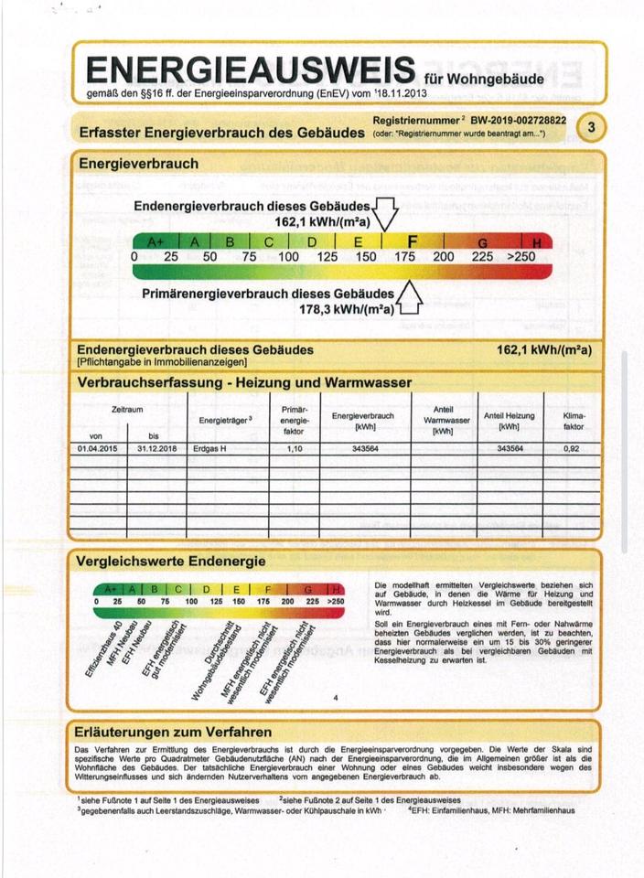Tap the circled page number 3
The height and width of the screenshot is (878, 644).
[x=591, y=127]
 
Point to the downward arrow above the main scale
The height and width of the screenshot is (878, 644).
[x=385, y=214]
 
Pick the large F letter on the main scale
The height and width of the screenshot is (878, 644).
[x=413, y=241]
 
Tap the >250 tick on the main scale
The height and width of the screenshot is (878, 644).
[x=521, y=257]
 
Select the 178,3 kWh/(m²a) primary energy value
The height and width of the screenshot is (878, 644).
[x=349, y=310]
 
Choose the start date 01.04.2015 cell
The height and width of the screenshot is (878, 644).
[x=98, y=449]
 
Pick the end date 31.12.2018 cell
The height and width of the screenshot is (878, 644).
[x=154, y=449]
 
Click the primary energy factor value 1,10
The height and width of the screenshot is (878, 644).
[x=294, y=449]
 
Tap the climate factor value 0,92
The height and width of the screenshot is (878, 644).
[x=573, y=449]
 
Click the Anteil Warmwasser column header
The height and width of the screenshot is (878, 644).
[x=443, y=420]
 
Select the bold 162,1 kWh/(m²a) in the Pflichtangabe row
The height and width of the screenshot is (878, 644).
[x=543, y=350]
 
